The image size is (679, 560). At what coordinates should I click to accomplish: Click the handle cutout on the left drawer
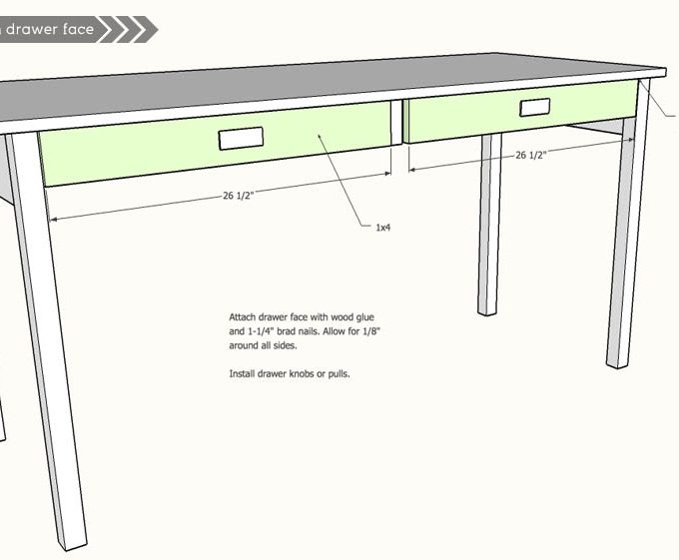tap(240, 140)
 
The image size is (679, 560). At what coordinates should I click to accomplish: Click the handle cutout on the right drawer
tap(534, 108)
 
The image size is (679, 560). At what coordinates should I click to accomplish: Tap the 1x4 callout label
tap(382, 228)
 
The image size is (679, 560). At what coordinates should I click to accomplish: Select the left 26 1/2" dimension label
tap(237, 196)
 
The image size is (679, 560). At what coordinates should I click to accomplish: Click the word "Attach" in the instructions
tap(244, 316)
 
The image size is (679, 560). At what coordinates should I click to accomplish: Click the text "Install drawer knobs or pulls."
tap(290, 373)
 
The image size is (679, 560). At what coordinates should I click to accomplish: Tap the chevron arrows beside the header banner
tap(130, 29)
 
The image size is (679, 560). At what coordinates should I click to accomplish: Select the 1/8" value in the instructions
tap(356, 330)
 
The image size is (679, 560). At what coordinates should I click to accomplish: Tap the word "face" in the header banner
tap(76, 29)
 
